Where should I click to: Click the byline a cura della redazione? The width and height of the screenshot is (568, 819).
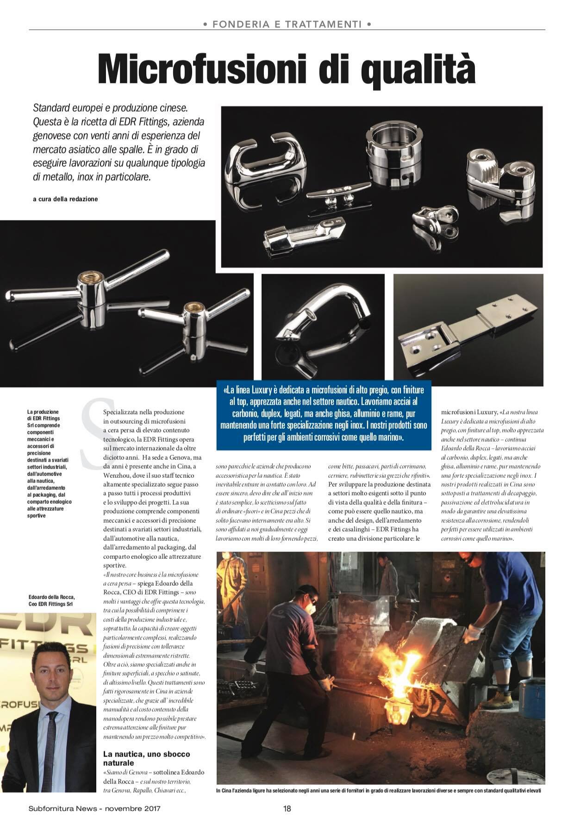pyautogui.click(x=65, y=199)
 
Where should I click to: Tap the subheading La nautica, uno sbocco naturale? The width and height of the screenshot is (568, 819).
pyautogui.click(x=146, y=758)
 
